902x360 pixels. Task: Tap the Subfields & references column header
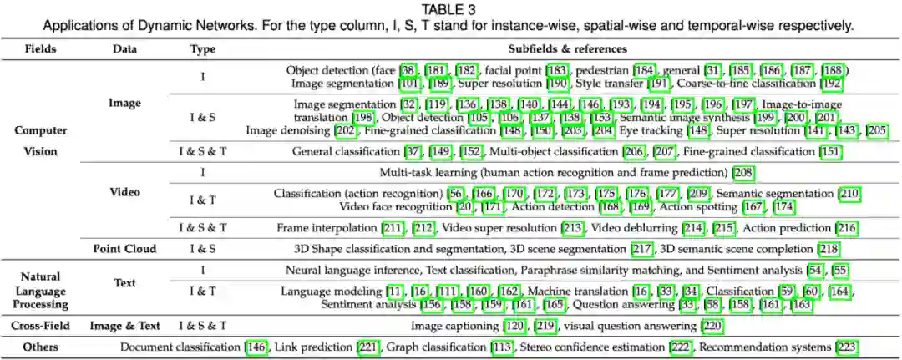tap(565, 48)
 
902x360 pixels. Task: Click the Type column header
tap(202, 48)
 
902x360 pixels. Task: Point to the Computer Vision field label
tap(40, 140)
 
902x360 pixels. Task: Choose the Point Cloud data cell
tap(124, 248)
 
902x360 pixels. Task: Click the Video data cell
tap(124, 191)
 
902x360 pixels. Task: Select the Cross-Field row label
tap(40, 326)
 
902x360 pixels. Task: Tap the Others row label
tap(40, 347)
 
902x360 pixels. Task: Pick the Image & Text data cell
tap(124, 326)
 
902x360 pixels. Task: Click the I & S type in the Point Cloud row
tap(202, 248)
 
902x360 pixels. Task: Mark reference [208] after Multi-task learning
tap(742, 173)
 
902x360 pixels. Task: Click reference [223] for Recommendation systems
tap(846, 347)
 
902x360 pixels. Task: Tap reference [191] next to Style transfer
tap(658, 84)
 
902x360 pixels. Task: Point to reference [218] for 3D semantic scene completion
tap(828, 248)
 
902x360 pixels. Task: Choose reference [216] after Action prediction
tap(846, 227)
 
